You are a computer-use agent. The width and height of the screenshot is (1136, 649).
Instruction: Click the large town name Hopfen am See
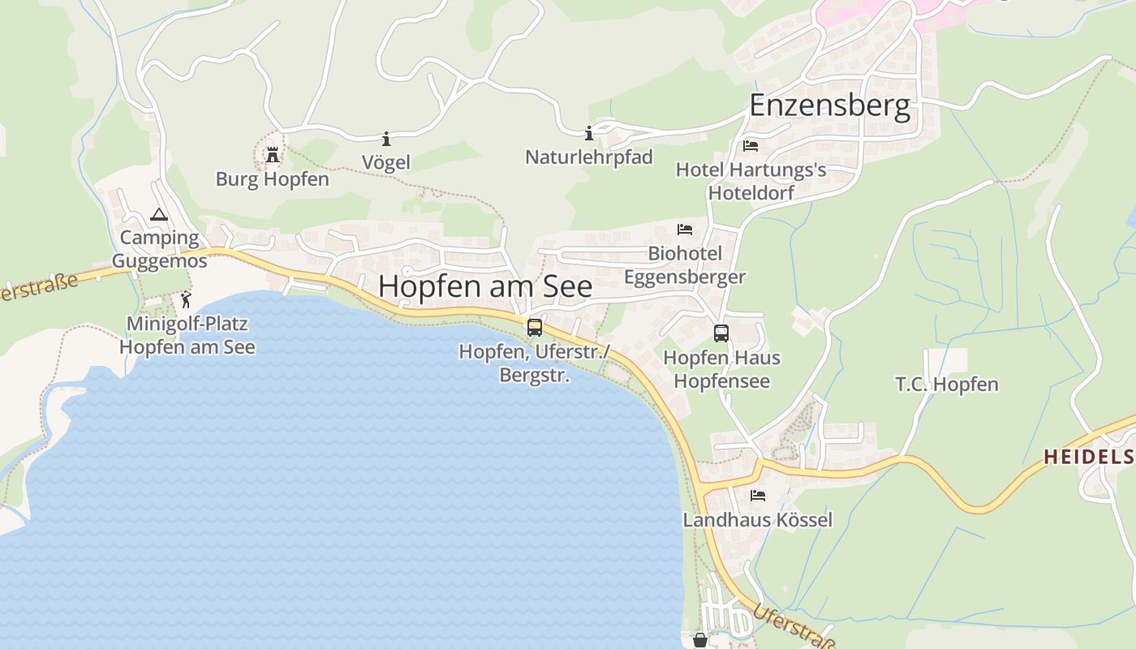[485, 286]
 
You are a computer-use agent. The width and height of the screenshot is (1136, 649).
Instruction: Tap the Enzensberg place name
[829, 106]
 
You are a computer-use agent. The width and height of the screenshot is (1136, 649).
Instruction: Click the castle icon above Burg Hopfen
[273, 154]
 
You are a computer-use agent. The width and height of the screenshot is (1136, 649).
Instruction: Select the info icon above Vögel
[386, 139]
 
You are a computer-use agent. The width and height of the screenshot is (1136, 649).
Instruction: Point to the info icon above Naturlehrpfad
[589, 133]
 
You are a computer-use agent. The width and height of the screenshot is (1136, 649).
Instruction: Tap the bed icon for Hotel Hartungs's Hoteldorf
[751, 146]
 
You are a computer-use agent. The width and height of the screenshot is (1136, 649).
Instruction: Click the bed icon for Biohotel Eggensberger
[685, 230]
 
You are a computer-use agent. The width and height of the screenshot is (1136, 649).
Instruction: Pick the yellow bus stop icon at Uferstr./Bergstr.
[534, 328]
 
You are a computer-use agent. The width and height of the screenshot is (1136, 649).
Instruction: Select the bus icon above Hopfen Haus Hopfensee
[721, 333]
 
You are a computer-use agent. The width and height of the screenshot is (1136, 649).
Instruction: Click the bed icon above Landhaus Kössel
[758, 495]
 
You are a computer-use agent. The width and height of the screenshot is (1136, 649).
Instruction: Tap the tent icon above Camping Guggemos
[159, 215]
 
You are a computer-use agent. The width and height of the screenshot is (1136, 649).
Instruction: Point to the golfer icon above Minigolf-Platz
[187, 299]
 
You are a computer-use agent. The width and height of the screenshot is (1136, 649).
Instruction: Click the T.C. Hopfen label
[947, 384]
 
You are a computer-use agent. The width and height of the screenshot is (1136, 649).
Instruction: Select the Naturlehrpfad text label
[589, 157]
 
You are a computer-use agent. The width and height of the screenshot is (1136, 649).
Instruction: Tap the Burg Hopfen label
[273, 178]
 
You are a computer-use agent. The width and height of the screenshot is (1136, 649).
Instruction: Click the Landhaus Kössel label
[758, 519]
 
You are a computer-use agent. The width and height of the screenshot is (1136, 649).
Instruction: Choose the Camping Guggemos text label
[159, 249]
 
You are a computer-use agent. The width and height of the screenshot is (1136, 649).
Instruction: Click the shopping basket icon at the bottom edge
[700, 641]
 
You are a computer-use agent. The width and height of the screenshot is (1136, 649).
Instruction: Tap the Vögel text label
[386, 162]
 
